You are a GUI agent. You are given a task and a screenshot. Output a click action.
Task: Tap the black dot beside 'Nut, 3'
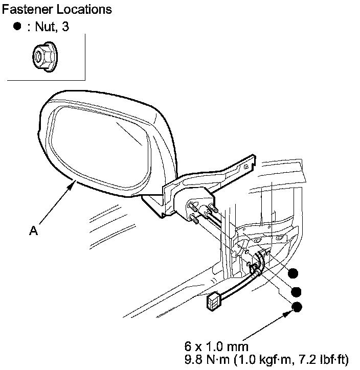pyautogui.click(x=18, y=27)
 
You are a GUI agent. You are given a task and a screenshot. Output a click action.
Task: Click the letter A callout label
pyautogui.click(x=33, y=231)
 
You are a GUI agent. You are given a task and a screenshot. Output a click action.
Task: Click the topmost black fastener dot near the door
pyautogui.click(x=293, y=273)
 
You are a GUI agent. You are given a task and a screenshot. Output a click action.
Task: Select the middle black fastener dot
pyautogui.click(x=296, y=291)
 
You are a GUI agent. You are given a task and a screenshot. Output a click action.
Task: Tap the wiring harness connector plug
pyautogui.click(x=214, y=302)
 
